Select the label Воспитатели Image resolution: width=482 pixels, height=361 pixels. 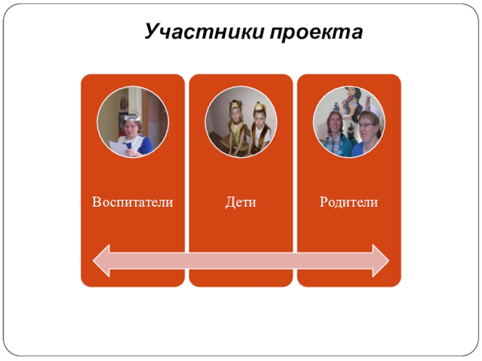pos(133,202)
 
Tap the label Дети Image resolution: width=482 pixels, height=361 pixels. pos(241,202)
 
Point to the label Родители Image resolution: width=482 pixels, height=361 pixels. pos(349,202)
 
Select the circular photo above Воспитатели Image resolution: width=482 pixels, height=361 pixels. pos(133,122)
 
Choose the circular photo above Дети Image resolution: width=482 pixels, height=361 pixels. pos(241,122)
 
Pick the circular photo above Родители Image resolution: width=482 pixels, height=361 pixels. pos(349,122)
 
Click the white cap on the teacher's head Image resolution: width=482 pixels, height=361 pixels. pos(133,116)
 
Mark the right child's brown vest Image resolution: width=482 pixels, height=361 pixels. pos(261,137)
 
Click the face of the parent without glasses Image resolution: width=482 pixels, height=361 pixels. pos(333,127)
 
